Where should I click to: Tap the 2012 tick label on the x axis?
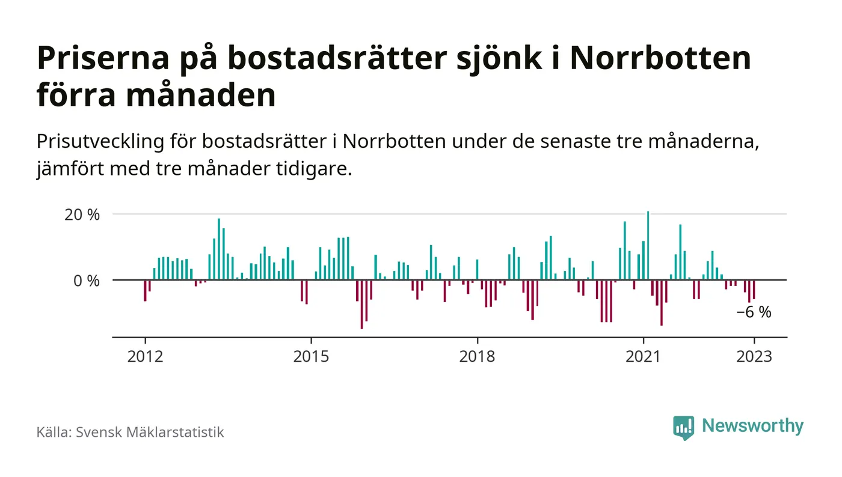(145, 356)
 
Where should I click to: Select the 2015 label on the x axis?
(311, 356)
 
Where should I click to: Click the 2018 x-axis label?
(477, 356)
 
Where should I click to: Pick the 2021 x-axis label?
(643, 356)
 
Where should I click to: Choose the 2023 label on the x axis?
(754, 356)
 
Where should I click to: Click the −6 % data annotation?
(754, 313)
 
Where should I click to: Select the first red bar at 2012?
(145, 290)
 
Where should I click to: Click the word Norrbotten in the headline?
(660, 58)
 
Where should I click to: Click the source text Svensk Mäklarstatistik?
(150, 432)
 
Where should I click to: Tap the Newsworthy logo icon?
(683, 427)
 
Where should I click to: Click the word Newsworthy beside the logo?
(752, 426)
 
